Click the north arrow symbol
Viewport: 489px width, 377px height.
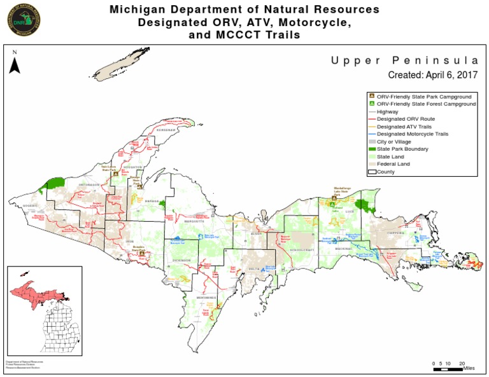(x=15, y=63)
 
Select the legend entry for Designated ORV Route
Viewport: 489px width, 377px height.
(x=406, y=119)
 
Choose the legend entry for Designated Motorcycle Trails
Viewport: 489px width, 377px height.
(x=413, y=134)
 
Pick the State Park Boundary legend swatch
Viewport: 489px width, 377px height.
(x=371, y=149)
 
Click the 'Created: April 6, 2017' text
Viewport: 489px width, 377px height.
(x=433, y=75)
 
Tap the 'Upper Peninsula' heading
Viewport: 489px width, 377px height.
(x=404, y=60)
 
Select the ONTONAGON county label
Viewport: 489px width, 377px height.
(x=89, y=184)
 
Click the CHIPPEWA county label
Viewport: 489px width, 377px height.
(x=398, y=233)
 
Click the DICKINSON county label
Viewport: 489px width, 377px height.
(x=181, y=259)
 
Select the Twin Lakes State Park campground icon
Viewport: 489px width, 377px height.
(x=115, y=172)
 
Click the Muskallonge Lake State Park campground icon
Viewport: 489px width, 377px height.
(x=334, y=198)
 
